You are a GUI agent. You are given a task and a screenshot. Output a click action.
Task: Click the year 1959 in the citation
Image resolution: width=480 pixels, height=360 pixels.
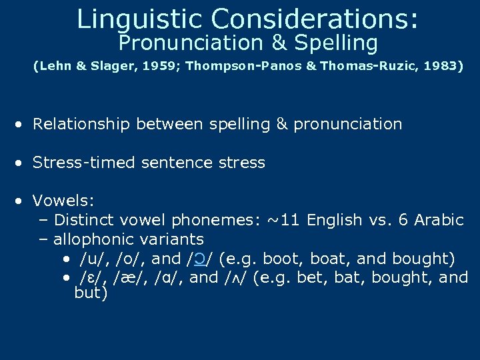click(x=147, y=67)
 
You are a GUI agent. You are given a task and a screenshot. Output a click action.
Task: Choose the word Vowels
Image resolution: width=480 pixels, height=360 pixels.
click(x=64, y=201)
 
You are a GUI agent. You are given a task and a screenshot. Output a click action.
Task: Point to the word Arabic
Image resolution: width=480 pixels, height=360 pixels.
click(x=439, y=220)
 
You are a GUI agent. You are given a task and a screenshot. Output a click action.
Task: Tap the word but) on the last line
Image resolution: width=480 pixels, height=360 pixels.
click(x=91, y=293)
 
